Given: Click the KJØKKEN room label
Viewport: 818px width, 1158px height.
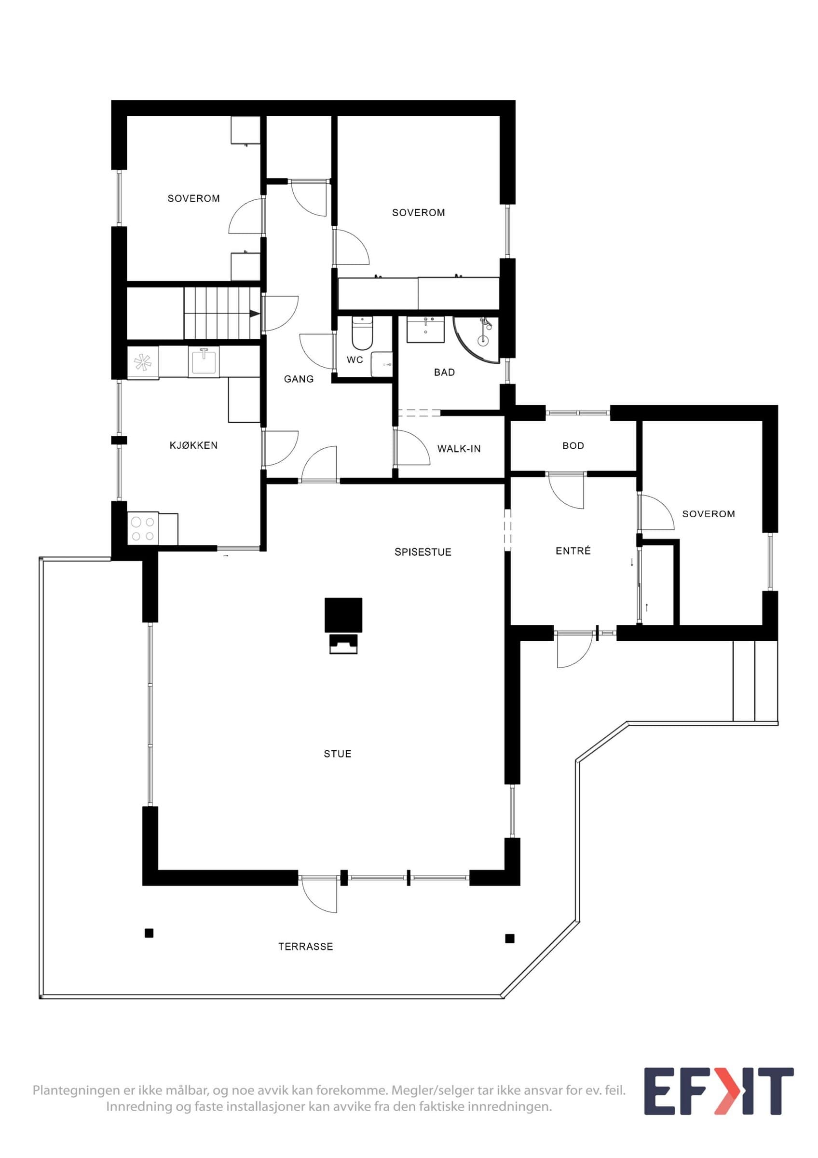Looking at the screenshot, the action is point(193,445).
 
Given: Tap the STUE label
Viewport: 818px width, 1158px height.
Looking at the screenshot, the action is point(338,754).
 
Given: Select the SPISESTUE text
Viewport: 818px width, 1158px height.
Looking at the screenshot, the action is point(423,552).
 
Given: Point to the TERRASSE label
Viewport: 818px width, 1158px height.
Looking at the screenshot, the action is point(306,947).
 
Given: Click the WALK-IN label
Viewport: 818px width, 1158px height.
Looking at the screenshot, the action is point(459,448).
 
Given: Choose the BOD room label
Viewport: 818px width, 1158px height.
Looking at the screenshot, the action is point(573,446).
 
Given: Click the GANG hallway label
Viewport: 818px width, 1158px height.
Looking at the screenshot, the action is point(299,379).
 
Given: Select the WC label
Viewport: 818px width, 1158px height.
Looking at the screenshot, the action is point(355,360).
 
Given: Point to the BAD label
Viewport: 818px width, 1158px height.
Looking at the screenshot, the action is point(445,372).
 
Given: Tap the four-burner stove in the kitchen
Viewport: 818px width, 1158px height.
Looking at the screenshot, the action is point(143,528).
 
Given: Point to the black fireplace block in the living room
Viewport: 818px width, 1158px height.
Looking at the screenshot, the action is point(344,615).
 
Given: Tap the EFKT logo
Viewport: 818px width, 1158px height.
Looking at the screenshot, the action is point(719,1091).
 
